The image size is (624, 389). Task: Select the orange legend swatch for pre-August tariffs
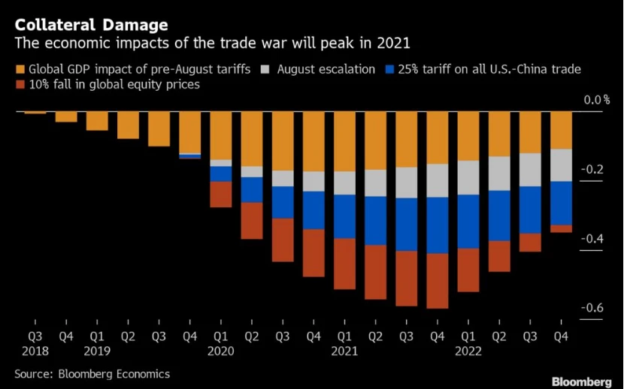pos(20,70)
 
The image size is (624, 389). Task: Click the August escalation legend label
pos(326,70)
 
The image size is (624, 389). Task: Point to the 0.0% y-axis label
pos(596,100)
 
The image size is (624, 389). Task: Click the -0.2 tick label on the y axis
pos(592,170)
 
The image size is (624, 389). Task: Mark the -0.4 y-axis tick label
pos(592,239)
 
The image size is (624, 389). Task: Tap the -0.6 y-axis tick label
pos(592,308)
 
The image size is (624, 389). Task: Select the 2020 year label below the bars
pos(221,351)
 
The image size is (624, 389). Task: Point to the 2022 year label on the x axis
pos(468,351)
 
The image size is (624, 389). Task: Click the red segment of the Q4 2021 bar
pos(438,281)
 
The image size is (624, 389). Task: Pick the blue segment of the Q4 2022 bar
pos(561,204)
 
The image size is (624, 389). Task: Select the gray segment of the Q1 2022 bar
pos(468,177)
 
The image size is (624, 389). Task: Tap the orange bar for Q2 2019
pos(129,125)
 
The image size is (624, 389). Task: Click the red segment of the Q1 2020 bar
pos(221,194)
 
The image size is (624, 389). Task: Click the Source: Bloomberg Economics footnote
pos(92,374)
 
